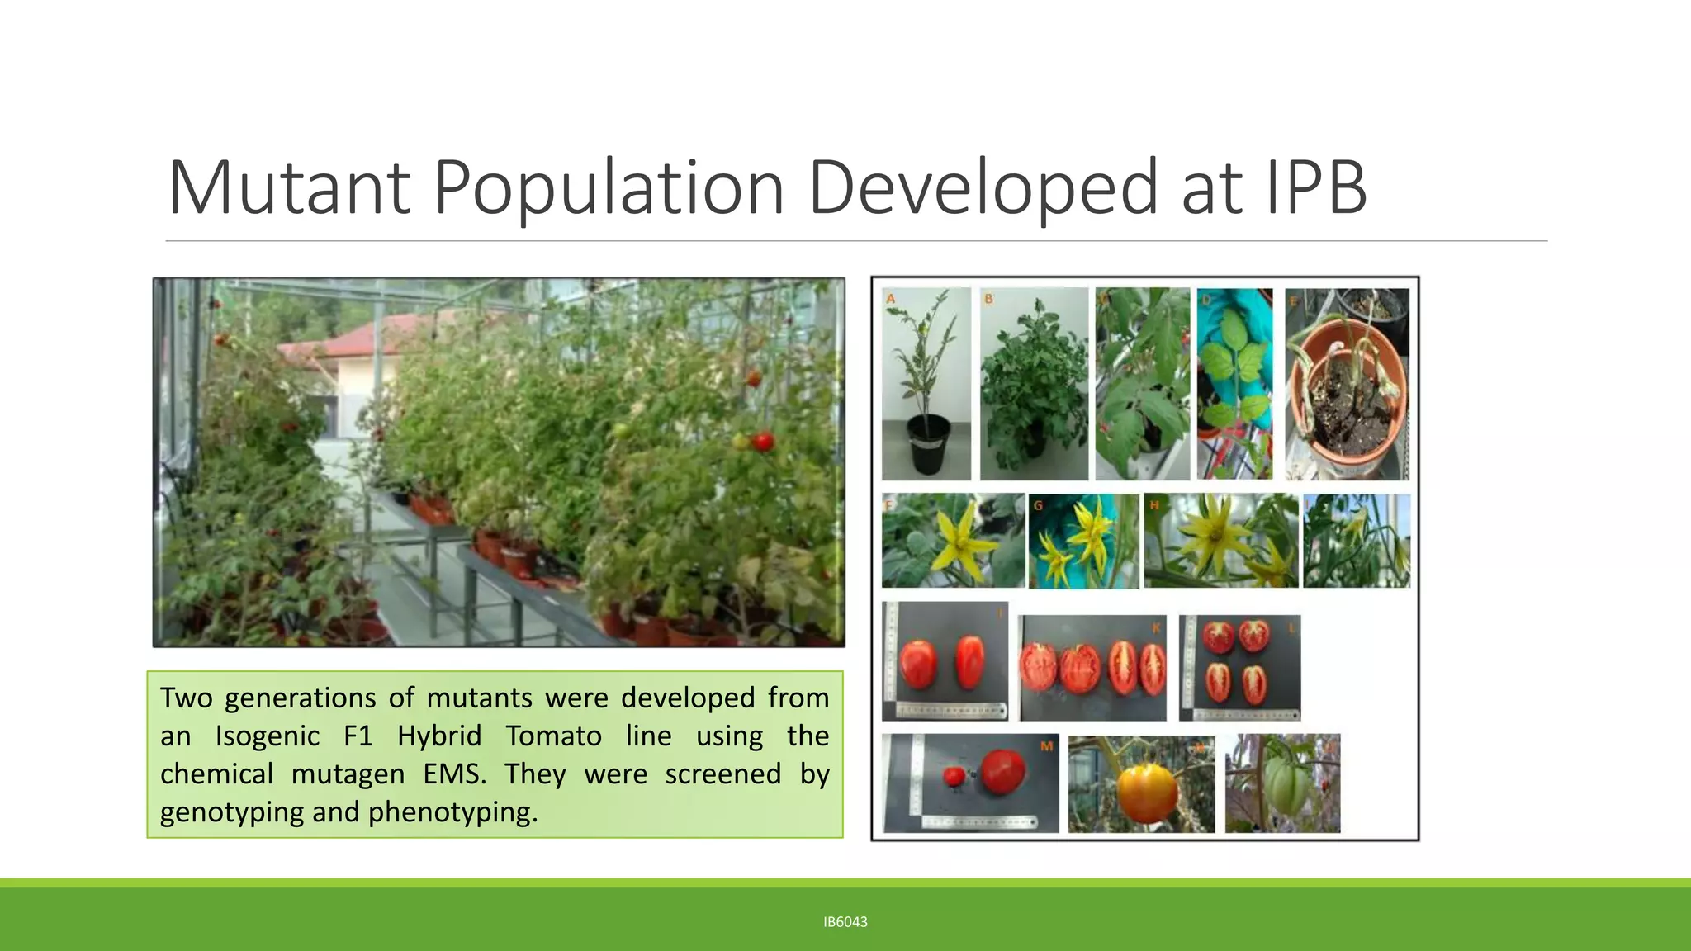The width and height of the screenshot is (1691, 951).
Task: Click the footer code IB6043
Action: pyautogui.click(x=845, y=922)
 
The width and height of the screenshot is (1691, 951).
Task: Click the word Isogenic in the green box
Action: pyautogui.click(x=267, y=736)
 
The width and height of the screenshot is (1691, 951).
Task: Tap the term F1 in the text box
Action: pyautogui.click(x=358, y=736)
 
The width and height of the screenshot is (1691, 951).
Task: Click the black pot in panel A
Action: pyautogui.click(x=928, y=444)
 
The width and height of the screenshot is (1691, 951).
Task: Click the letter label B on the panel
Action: pyautogui.click(x=988, y=299)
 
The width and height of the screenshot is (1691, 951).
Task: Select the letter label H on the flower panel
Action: pyautogui.click(x=1154, y=504)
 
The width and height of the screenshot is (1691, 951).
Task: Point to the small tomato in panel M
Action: pyautogui.click(x=954, y=776)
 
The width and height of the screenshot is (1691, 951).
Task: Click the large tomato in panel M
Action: pyautogui.click(x=1002, y=769)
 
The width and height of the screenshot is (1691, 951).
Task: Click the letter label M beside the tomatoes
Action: pyautogui.click(x=1046, y=746)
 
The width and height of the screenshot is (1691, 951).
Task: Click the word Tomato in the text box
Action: pyautogui.click(x=553, y=736)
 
